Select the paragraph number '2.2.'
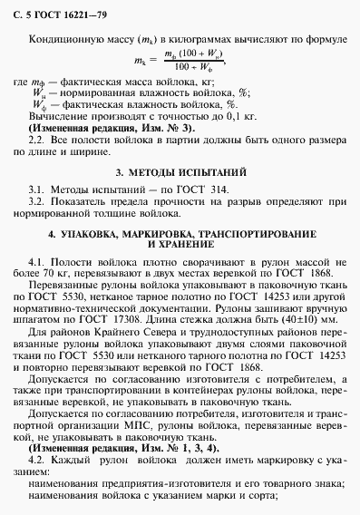coord(39,144)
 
